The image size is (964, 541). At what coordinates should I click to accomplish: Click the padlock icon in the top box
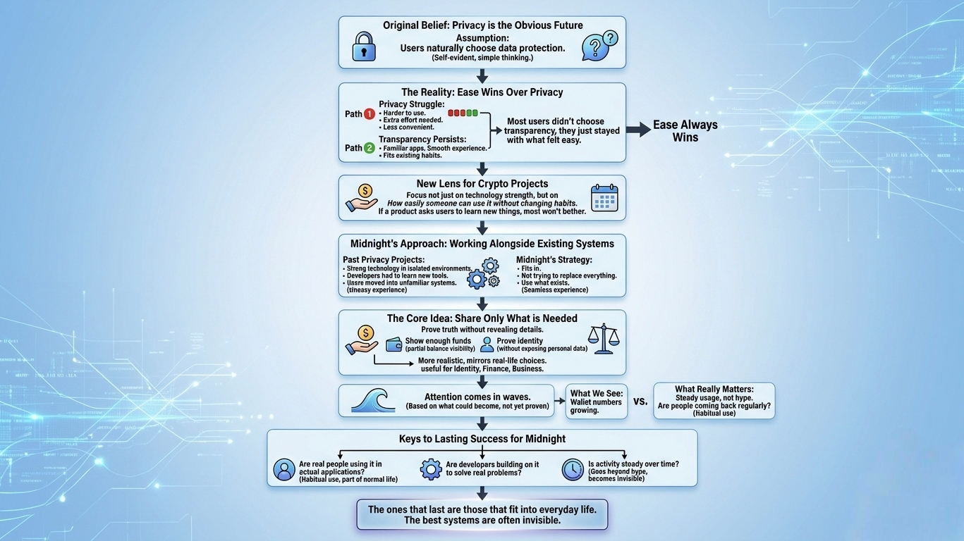[x=364, y=46]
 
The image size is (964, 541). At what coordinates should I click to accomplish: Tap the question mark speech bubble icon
[x=599, y=46]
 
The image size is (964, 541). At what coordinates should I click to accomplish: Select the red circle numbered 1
[x=369, y=114]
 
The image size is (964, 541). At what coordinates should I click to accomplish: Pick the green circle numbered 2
[x=369, y=148]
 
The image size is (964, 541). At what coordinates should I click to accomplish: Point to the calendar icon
[x=604, y=198]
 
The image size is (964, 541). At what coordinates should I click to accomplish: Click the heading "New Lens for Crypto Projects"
[x=482, y=184]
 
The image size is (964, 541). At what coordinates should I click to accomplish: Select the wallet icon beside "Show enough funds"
[x=394, y=344]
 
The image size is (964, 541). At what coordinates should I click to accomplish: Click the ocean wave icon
[x=372, y=400]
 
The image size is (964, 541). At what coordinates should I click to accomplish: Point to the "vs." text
[x=640, y=401]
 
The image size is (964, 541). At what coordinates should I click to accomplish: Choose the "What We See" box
[x=596, y=402]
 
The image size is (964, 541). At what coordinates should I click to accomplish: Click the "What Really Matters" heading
[x=714, y=389]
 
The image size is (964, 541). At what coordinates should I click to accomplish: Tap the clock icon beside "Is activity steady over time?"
[x=573, y=470]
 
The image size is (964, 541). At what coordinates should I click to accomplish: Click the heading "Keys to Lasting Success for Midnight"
[x=482, y=439]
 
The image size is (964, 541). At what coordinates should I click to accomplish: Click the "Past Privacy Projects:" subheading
[x=384, y=260]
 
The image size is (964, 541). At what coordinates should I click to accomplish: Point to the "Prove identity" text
[x=520, y=341]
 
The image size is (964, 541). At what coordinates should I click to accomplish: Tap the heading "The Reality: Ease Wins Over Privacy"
[x=482, y=92]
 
